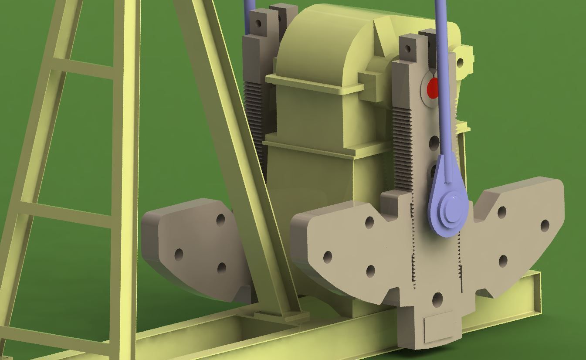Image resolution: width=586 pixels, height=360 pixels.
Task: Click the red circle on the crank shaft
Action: [432, 89]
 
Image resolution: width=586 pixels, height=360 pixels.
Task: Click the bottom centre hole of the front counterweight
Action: [437, 299]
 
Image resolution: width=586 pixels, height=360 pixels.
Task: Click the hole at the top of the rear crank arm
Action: [258, 24]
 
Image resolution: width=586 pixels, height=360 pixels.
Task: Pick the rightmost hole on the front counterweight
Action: [545, 226]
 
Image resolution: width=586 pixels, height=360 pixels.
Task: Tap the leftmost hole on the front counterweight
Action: [328, 257]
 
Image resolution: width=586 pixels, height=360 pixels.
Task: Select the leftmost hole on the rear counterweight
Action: [179, 255]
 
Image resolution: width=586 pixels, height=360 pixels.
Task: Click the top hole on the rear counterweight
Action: [220, 220]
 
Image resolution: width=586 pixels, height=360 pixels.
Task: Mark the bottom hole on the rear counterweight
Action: [221, 268]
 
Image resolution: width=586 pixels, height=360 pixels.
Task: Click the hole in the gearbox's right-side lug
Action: [460, 63]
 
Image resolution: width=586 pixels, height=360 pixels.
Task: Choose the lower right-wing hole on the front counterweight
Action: [502, 261]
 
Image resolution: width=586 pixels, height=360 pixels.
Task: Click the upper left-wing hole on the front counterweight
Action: [369, 222]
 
